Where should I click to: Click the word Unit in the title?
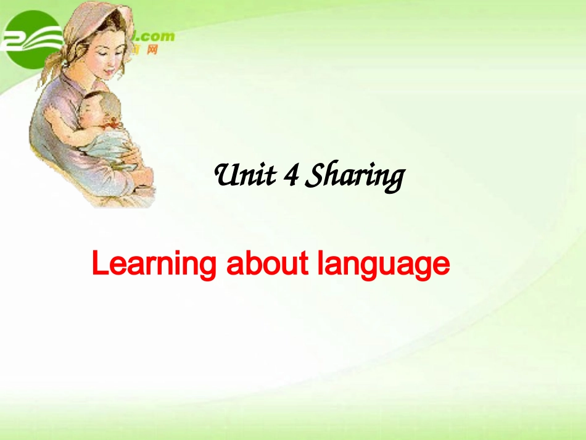(x=244, y=176)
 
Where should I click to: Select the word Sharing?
(x=355, y=178)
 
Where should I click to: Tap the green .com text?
(x=157, y=36)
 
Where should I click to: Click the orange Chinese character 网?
(x=152, y=49)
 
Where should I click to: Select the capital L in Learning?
(x=99, y=265)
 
